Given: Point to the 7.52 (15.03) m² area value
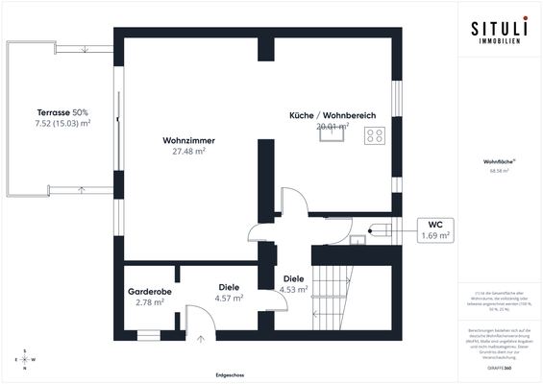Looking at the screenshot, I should point(62,123).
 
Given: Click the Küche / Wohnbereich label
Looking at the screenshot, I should point(332,115).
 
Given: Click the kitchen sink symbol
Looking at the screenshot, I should point(333,135).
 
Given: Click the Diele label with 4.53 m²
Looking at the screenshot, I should point(293,278).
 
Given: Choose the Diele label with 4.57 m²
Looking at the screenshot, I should point(229,287).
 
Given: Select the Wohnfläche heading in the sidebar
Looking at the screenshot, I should point(497,163).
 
